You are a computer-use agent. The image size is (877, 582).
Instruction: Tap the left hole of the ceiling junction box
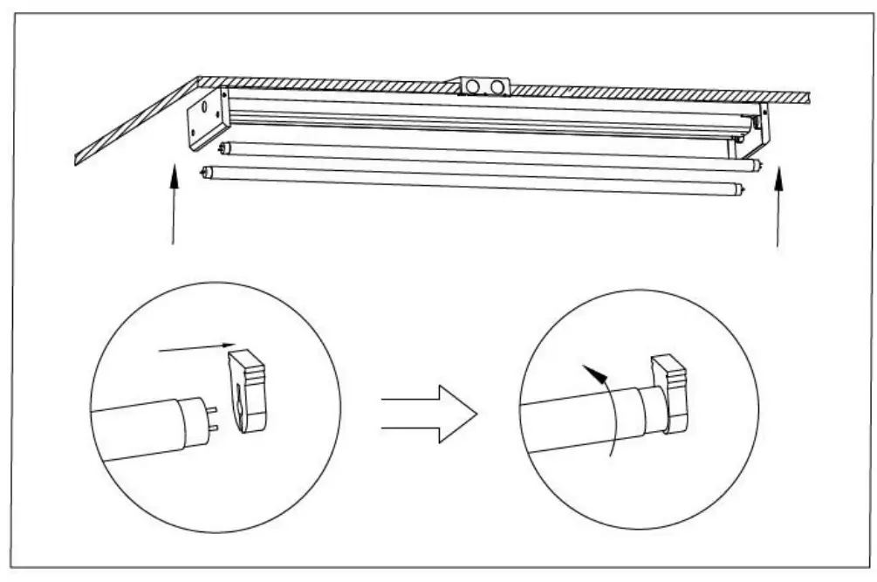point(473,86)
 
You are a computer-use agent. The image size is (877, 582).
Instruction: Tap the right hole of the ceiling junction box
point(497,86)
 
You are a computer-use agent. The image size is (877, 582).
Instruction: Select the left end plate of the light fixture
point(206,118)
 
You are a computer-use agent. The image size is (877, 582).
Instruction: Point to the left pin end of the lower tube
point(207,173)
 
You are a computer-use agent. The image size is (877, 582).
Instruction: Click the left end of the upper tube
point(224,149)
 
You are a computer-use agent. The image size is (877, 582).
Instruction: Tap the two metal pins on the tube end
point(211,416)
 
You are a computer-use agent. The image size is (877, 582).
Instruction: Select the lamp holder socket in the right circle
point(671,393)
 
